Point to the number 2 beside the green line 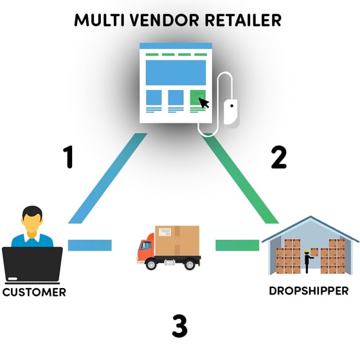pyautogui.click(x=278, y=157)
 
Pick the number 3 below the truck pyautogui.click(x=179, y=326)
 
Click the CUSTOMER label pyautogui.click(x=34, y=292)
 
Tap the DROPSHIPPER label pyautogui.click(x=309, y=290)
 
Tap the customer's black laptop pyautogui.click(x=32, y=264)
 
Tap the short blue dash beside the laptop pyautogui.click(x=89, y=245)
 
